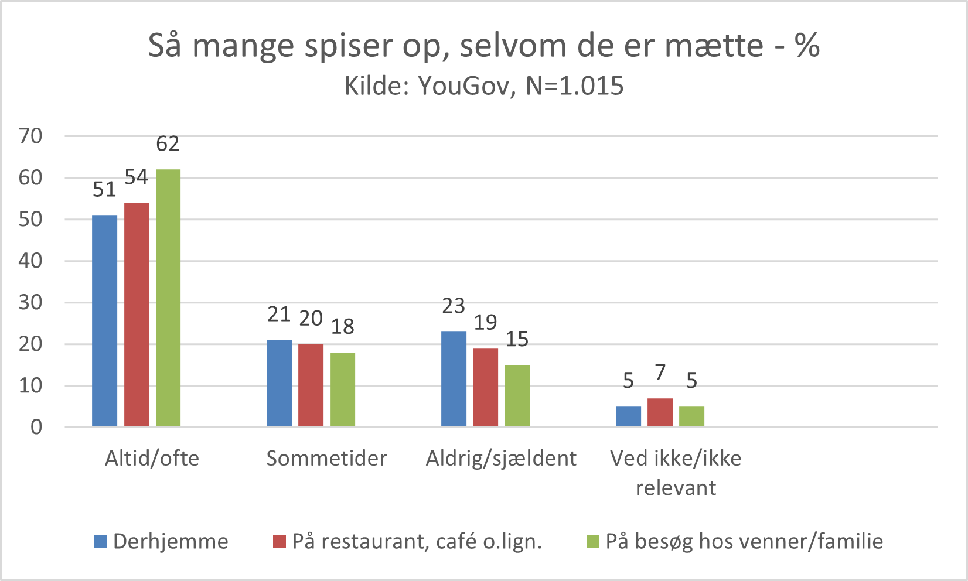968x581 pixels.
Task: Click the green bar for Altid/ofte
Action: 168,298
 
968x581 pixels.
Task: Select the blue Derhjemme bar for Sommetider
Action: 279,383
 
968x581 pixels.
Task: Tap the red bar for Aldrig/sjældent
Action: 485,387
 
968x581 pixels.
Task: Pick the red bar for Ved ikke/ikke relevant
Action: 660,412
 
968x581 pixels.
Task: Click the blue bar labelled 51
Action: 104,320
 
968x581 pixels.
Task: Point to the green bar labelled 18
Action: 343,389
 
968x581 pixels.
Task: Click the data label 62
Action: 168,144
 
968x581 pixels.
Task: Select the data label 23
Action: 454,306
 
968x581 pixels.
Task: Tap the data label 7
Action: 660,372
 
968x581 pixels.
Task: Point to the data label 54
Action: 137,177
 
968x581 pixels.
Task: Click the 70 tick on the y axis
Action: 30,136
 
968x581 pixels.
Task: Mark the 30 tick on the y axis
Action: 30,302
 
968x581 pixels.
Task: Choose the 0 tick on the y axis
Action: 36,427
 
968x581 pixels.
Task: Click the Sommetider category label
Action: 326,458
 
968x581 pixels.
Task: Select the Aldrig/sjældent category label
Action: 501,458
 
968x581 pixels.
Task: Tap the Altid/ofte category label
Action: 152,458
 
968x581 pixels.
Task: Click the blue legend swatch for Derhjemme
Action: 100,542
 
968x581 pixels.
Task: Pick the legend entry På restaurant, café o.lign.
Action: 417,542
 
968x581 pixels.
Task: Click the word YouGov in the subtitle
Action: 466,86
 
